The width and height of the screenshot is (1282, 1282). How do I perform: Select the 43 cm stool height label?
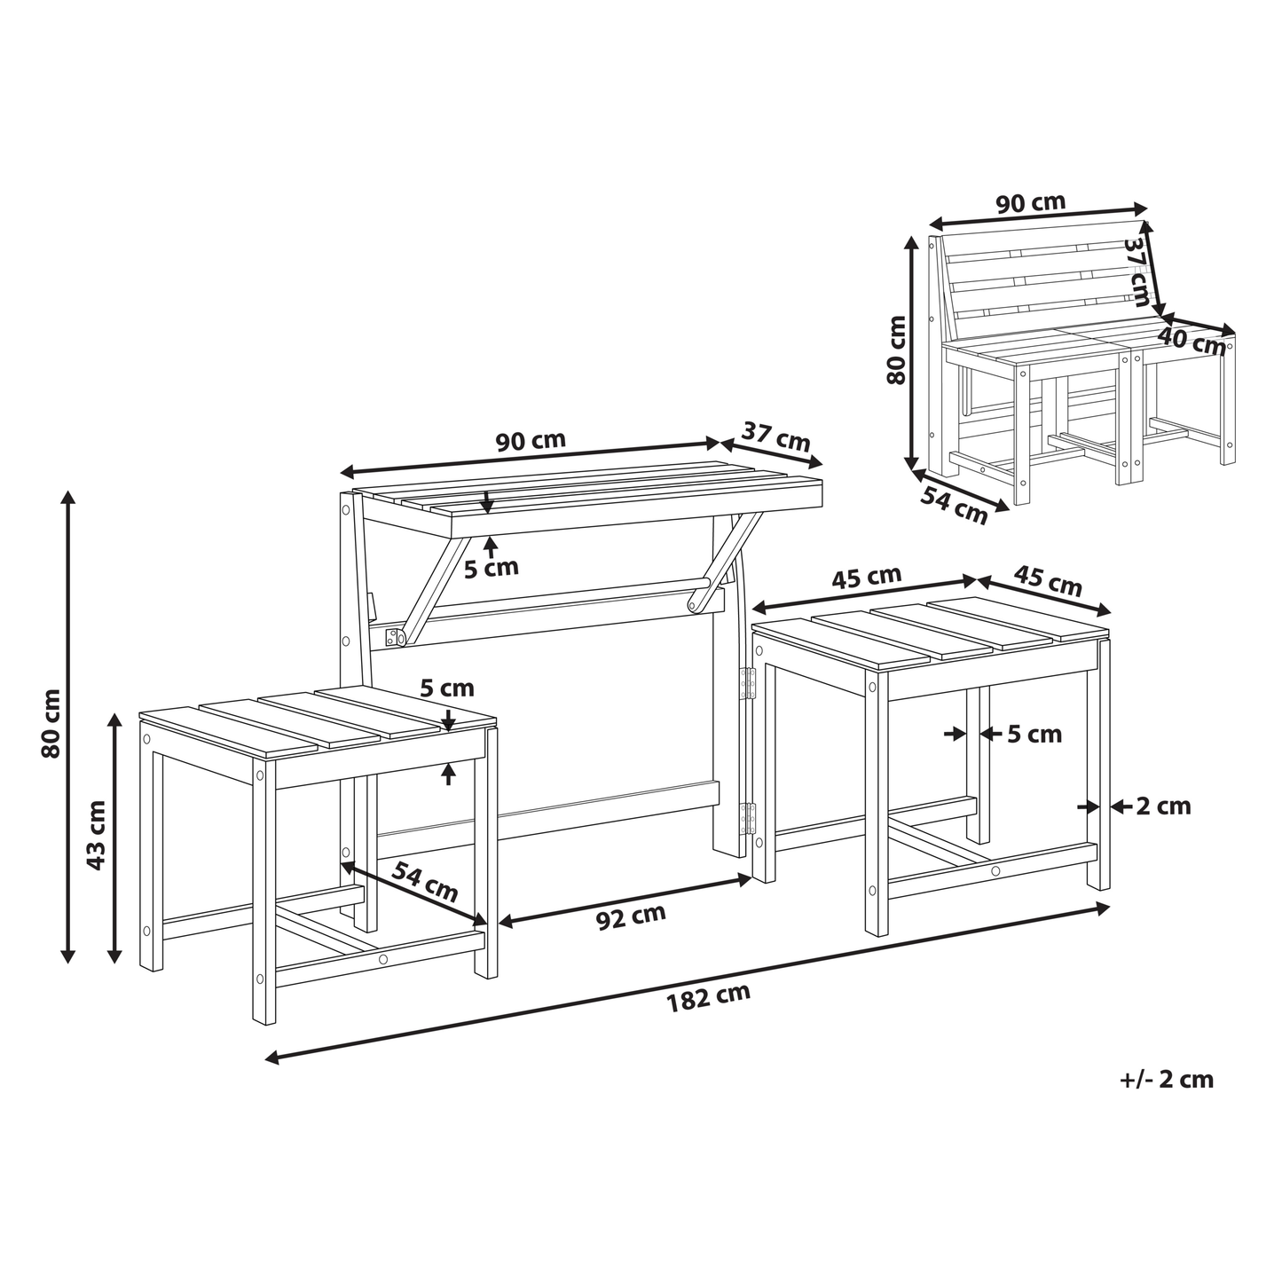coord(97,836)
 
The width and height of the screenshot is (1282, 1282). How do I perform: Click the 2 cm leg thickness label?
coord(1163,807)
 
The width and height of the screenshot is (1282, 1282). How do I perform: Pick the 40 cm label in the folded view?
coord(1191,342)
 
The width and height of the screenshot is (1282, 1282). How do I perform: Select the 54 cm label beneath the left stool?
coord(424,882)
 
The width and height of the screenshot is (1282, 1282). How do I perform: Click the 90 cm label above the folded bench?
coord(1031,202)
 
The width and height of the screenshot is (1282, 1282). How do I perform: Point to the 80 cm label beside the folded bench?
coord(896,350)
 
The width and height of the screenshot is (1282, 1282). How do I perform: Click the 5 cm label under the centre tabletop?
coord(491,568)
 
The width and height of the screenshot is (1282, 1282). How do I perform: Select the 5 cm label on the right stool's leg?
coord(1034,735)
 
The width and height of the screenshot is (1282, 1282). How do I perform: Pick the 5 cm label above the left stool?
coord(447,688)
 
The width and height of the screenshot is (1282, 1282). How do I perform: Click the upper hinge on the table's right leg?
coord(748,683)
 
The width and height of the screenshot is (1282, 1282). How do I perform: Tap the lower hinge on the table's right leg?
coord(749,818)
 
